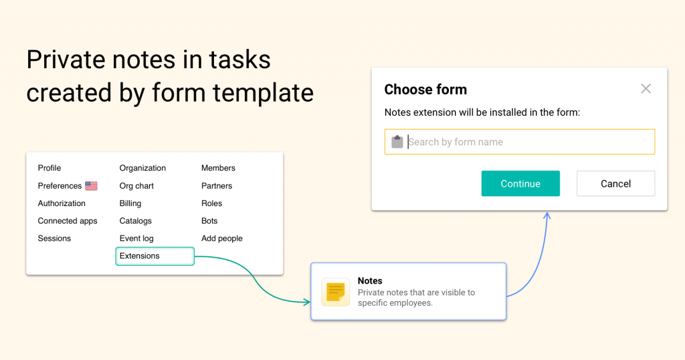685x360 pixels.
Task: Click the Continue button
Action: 520,183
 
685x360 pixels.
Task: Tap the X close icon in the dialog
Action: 646,89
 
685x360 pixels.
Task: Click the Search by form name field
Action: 519,142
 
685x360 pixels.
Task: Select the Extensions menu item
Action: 155,256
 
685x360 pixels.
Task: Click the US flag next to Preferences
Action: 91,186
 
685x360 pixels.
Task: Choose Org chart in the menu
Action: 136,185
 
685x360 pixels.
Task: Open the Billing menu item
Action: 130,203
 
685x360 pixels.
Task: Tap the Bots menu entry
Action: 209,221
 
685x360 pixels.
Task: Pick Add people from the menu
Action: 222,238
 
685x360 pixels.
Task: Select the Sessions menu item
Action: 54,238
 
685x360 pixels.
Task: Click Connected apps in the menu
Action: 68,221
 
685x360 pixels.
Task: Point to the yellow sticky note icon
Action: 336,292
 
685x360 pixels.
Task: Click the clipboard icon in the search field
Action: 397,142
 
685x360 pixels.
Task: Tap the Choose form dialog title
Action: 425,90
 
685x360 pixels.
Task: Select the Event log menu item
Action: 136,238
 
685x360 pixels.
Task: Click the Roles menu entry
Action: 211,203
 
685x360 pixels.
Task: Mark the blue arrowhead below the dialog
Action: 547,215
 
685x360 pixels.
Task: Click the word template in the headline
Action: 263,93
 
